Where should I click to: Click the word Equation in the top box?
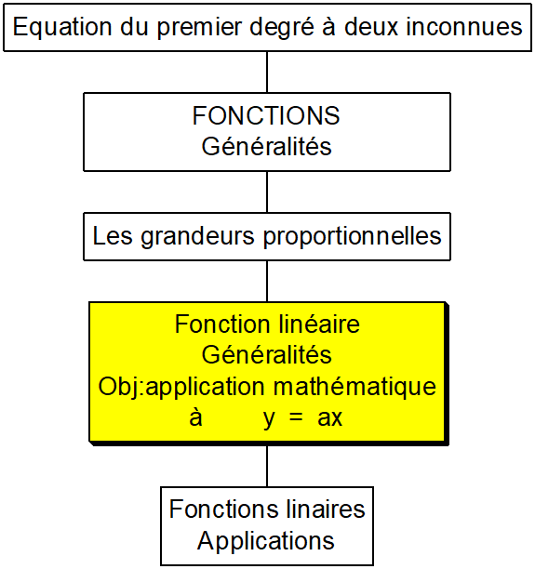click(62, 26)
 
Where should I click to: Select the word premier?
click(199, 28)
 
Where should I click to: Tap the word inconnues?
click(463, 26)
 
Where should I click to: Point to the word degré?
click(282, 28)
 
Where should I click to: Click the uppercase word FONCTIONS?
click(266, 116)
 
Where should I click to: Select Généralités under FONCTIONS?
click(267, 146)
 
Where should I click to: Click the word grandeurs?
click(197, 236)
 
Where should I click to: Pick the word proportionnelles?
click(353, 236)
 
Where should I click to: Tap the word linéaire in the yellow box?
click(315, 324)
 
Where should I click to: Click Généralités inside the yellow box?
click(267, 354)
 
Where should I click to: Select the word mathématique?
click(354, 387)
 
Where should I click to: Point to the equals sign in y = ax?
click(296, 417)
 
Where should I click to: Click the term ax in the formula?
click(329, 418)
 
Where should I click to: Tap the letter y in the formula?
click(269, 419)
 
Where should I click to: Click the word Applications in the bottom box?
click(266, 541)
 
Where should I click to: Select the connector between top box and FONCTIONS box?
click(267, 72)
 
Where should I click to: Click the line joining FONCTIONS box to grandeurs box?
click(267, 192)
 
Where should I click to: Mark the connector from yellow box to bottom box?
click(267, 467)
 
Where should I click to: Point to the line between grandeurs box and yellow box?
click(267, 281)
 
